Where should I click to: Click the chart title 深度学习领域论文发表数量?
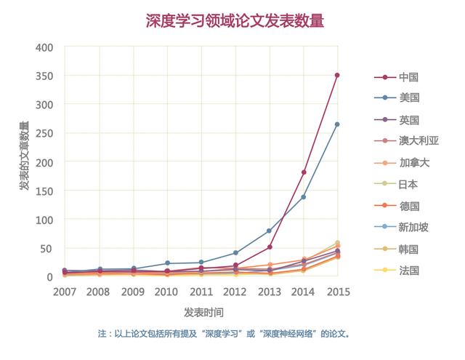point(235,21)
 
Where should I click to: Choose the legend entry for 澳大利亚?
point(418,141)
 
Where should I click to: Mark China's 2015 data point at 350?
point(337,75)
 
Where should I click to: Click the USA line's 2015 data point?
point(337,124)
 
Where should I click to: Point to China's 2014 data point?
point(303,172)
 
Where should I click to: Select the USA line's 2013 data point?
point(269,231)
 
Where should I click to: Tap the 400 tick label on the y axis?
point(44,47)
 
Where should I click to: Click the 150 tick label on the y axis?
point(44,191)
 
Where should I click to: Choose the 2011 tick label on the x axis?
point(201,292)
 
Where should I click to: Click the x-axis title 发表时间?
point(203,312)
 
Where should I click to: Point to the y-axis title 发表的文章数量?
point(24,156)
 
